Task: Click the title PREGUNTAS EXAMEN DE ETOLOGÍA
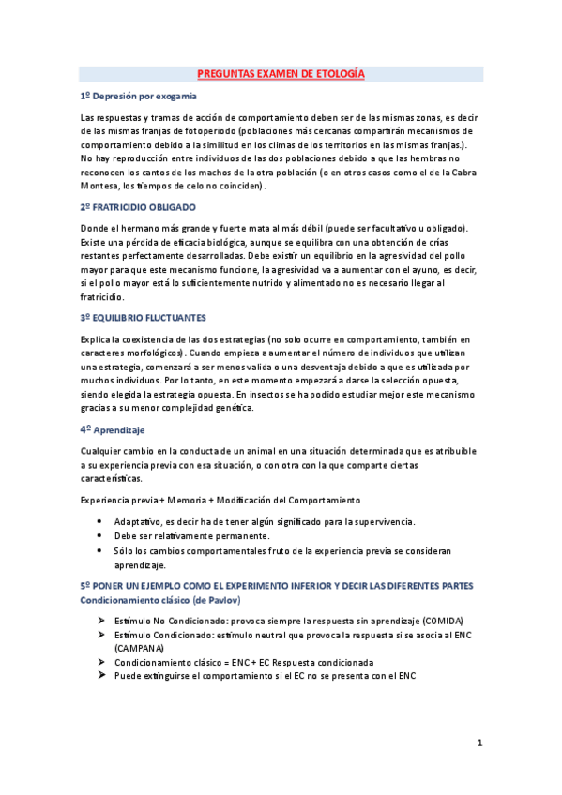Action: pyautogui.click(x=281, y=73)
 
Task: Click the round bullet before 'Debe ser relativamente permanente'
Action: pyautogui.click(x=100, y=535)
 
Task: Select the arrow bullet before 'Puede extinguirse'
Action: pyautogui.click(x=100, y=675)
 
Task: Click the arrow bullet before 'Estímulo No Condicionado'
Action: pyautogui.click(x=100, y=622)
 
